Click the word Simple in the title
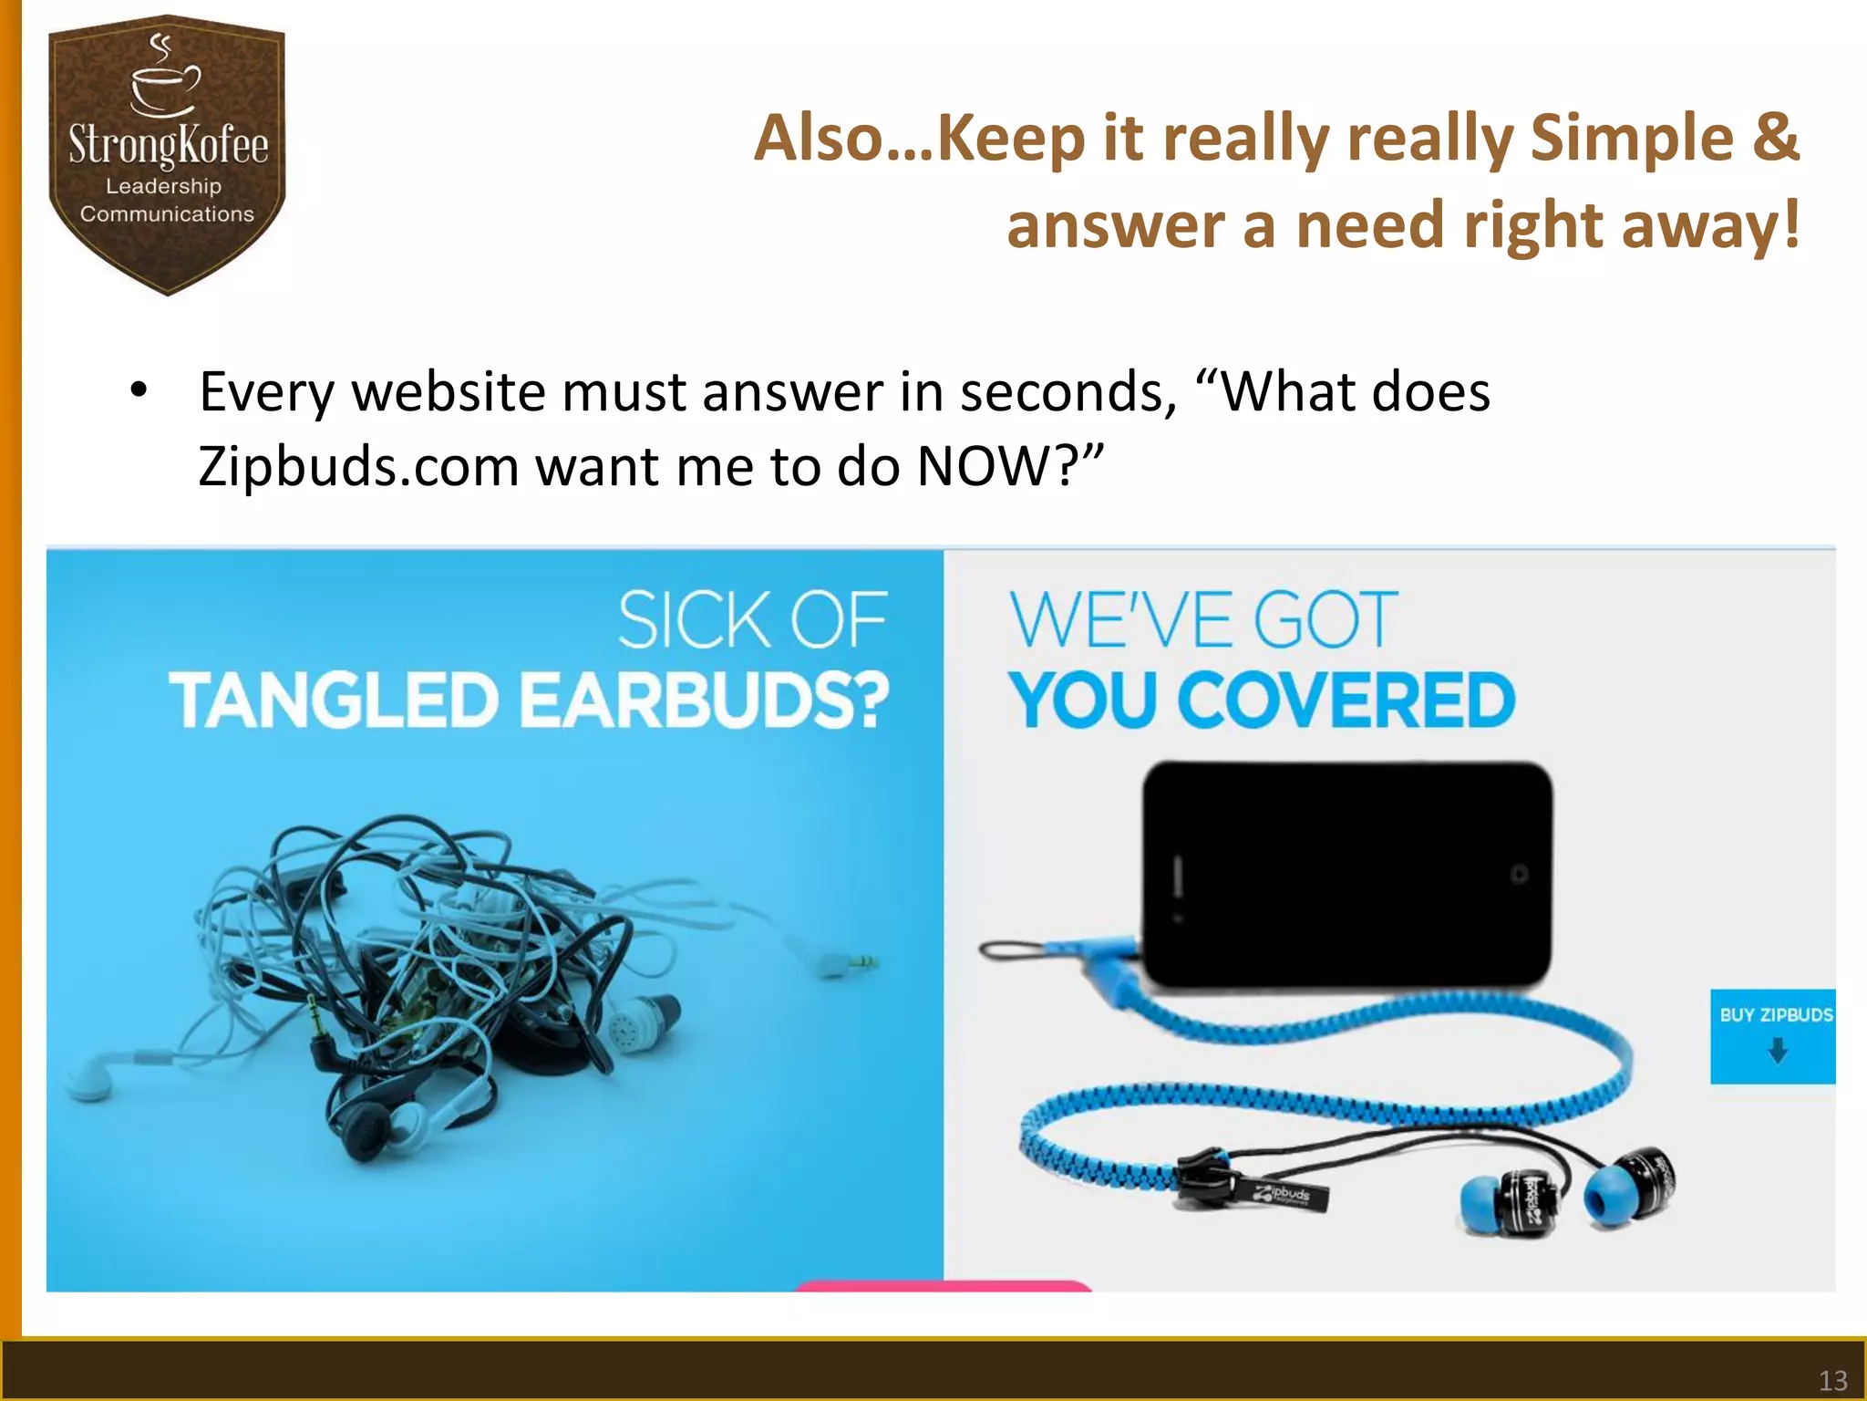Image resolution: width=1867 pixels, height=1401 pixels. point(1632,139)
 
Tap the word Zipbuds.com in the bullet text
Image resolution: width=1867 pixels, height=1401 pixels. point(358,467)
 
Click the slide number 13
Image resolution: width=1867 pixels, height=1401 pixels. point(1832,1379)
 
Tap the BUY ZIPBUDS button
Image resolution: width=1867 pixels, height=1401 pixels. point(1773,1035)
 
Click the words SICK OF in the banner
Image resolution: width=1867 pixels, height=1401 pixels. point(752,620)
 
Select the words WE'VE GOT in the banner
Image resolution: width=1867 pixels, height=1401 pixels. point(1203,620)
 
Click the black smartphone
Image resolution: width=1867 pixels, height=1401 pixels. point(1347,874)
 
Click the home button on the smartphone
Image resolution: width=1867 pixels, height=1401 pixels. point(1519,874)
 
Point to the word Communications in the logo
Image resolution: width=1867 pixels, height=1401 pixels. point(167,214)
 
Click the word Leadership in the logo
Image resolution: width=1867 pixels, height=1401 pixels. point(164,186)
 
